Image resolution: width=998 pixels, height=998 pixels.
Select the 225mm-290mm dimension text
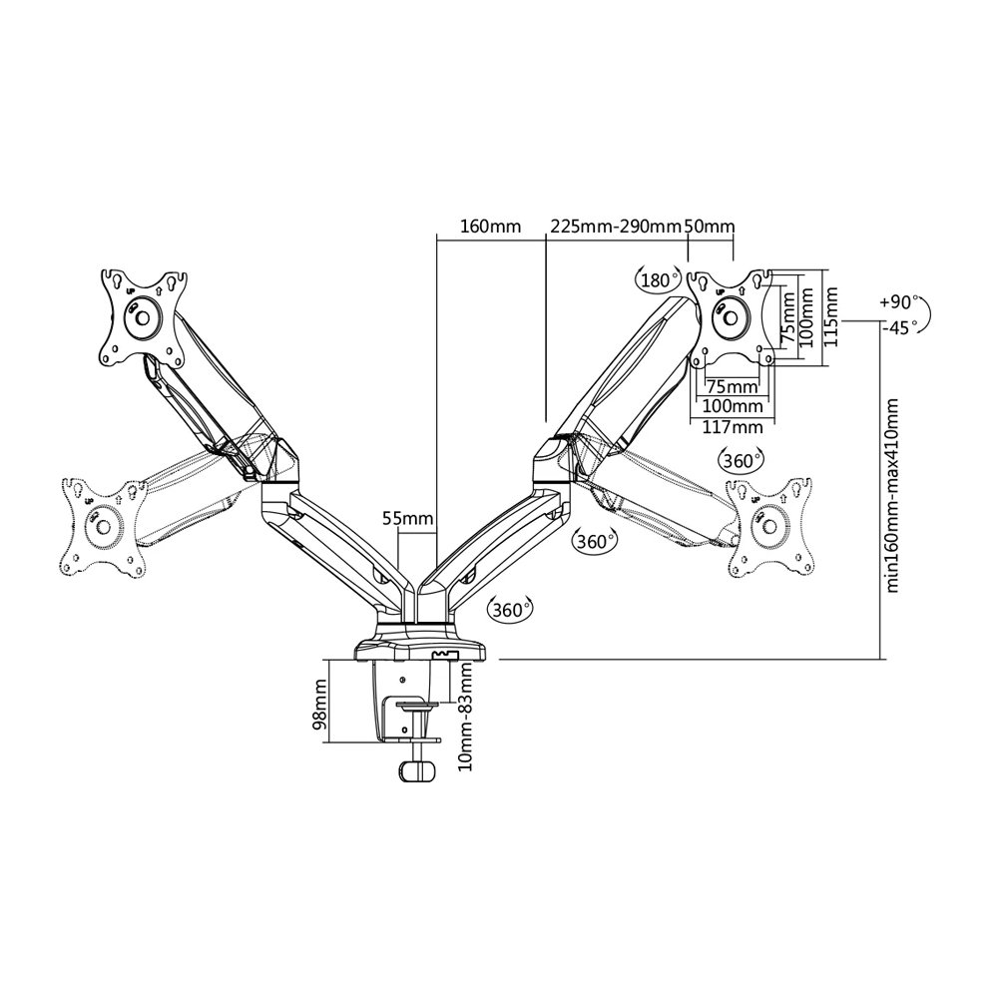coord(616,227)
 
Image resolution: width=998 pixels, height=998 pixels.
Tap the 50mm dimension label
coord(709,227)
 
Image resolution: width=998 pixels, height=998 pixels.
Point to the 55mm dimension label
coord(408,518)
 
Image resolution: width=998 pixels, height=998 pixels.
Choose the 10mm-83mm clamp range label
coord(466,716)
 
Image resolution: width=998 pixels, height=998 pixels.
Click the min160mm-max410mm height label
coord(892,496)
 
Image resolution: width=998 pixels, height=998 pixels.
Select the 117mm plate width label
coord(732,426)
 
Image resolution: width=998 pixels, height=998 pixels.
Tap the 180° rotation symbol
coord(657,280)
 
